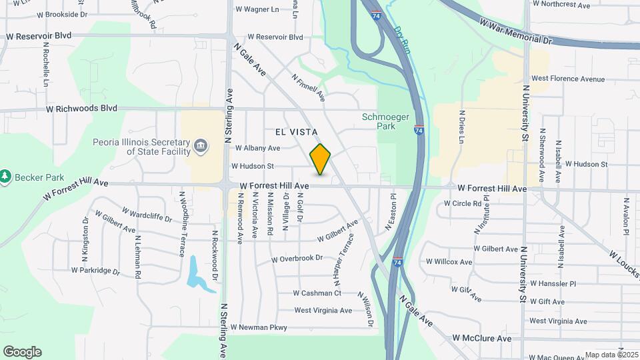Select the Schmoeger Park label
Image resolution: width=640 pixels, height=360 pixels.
point(379,121)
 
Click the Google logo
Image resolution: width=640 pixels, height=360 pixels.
point(22,352)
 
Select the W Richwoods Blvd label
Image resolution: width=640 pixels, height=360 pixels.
point(81,108)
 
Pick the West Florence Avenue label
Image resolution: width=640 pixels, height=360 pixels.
point(568,79)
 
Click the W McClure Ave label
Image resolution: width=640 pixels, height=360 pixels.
point(482,339)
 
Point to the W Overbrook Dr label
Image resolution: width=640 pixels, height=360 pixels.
point(297,258)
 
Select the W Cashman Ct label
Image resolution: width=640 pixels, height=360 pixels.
point(317,293)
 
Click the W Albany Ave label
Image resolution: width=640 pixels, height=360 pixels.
point(256,148)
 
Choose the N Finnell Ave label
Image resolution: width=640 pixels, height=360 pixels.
point(308,87)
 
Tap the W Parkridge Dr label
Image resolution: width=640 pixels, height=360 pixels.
point(95,271)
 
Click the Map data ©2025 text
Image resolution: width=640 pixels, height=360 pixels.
point(611,355)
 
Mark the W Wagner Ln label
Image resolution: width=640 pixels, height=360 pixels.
point(257,9)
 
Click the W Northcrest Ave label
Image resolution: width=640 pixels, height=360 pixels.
point(561,5)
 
